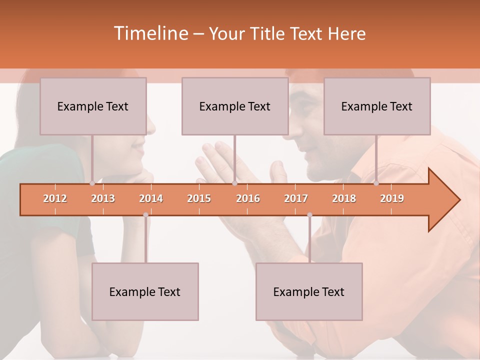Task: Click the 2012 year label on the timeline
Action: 55,198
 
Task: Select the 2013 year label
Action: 103,198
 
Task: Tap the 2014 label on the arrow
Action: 151,198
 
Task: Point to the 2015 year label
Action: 199,198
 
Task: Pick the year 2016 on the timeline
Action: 248,198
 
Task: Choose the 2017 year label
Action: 296,198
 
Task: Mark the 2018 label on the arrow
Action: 344,198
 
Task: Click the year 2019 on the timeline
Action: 392,198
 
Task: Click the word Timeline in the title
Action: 150,33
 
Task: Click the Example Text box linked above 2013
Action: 93,106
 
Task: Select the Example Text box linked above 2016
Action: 235,106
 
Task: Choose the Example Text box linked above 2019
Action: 377,106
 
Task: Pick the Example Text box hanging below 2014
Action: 145,291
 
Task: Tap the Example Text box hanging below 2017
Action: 309,291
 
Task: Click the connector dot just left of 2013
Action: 92,183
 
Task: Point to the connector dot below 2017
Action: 309,215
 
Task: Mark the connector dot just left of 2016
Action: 234,183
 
